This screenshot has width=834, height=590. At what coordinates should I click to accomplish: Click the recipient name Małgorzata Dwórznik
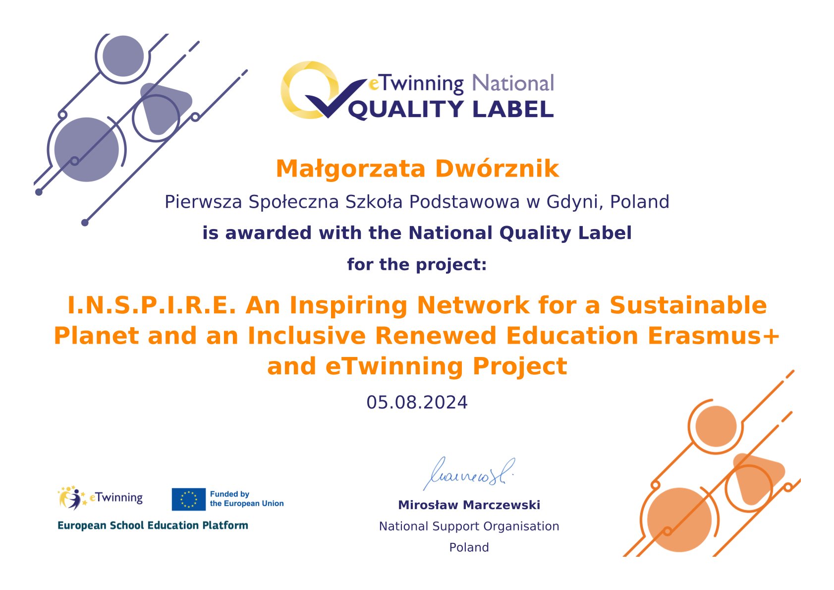(417, 170)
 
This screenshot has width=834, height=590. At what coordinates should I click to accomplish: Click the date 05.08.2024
(417, 402)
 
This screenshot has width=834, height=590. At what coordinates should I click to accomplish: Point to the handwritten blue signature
(468, 474)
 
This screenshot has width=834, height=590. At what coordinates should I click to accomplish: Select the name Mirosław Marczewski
(469, 505)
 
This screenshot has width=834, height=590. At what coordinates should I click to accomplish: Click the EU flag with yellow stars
(188, 499)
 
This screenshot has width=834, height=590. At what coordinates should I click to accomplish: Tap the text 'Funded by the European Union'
(246, 499)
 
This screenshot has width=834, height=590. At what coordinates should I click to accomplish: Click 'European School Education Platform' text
(153, 526)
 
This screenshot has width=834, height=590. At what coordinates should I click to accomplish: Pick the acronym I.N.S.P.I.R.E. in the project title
(152, 305)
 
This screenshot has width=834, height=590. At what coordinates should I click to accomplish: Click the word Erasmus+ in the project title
(714, 336)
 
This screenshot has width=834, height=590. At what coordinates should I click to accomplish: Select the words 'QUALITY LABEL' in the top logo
(450, 110)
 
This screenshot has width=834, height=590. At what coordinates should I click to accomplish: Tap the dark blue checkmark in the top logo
(334, 99)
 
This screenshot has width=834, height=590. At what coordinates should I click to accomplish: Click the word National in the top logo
(513, 83)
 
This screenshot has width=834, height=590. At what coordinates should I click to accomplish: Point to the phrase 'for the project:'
(417, 264)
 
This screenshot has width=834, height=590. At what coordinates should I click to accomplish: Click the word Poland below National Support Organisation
(469, 547)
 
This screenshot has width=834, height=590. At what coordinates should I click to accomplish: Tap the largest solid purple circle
(86, 150)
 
